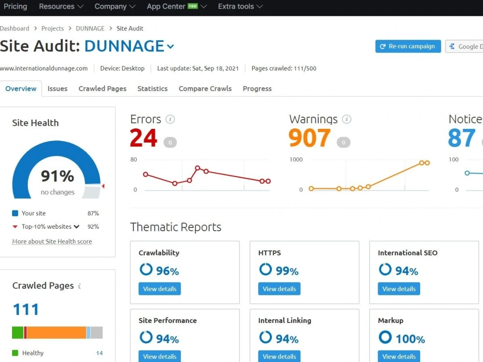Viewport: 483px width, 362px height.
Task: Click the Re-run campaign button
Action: tap(408, 46)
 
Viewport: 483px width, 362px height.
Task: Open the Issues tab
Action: tap(57, 89)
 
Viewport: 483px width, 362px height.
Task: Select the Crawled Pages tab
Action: tap(102, 89)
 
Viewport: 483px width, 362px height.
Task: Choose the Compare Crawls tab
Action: tap(205, 89)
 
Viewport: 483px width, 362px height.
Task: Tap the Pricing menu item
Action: tap(15, 6)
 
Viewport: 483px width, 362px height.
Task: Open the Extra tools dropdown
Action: tap(240, 6)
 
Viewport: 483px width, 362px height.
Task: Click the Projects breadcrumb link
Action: tap(52, 28)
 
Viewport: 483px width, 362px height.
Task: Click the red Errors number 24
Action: tap(143, 138)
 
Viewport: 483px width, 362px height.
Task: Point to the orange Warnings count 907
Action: tap(309, 138)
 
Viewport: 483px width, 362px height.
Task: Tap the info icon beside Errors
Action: tap(170, 119)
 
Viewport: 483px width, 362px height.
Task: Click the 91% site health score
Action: tap(57, 176)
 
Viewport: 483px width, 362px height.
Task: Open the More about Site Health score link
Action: tap(52, 242)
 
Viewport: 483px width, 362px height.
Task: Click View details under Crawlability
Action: tap(159, 289)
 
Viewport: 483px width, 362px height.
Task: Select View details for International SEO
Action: tap(399, 289)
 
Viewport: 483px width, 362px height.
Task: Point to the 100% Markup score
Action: tap(410, 339)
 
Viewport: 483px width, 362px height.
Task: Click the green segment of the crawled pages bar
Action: tap(17, 333)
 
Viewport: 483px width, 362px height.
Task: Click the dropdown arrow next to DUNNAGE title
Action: tap(170, 47)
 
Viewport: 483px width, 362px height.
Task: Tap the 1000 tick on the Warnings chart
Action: tap(296, 159)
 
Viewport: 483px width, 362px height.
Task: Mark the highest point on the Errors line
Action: tap(198, 168)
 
